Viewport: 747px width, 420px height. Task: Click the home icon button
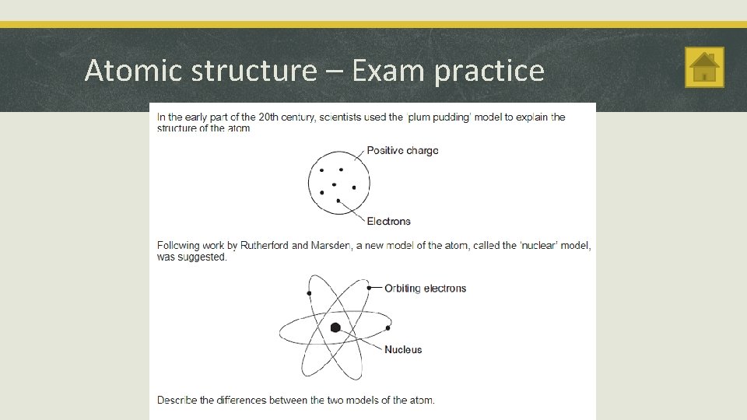(x=704, y=67)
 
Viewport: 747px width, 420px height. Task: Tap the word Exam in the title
(x=389, y=71)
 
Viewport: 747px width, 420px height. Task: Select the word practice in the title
(x=489, y=71)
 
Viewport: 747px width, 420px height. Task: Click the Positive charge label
(x=402, y=150)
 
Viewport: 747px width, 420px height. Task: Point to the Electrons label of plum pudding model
(x=388, y=222)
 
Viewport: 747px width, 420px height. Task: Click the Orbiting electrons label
(x=425, y=289)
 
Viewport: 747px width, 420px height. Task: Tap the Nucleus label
(x=403, y=350)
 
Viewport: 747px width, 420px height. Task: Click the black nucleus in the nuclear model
(x=335, y=327)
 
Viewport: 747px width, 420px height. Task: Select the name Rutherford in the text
(x=264, y=246)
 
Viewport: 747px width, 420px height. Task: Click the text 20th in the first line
(x=268, y=117)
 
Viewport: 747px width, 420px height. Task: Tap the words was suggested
(x=192, y=257)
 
